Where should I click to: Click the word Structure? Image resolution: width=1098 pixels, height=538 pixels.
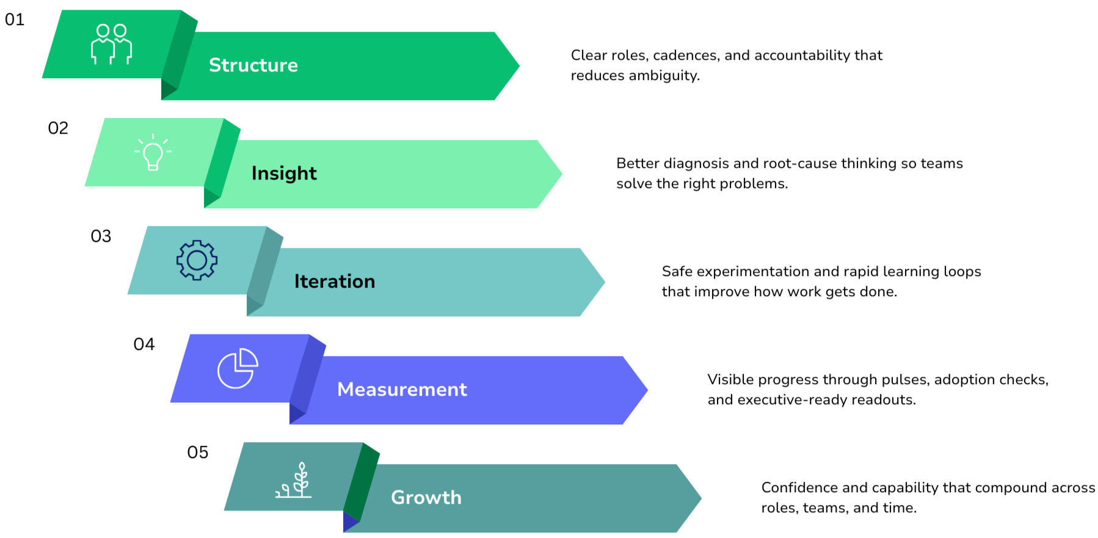click(253, 65)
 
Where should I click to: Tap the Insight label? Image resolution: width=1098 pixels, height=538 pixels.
click(284, 173)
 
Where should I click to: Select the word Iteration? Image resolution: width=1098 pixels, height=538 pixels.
click(335, 282)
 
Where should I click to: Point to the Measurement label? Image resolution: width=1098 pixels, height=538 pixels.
click(402, 390)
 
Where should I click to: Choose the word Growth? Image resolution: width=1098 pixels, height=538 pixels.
click(426, 498)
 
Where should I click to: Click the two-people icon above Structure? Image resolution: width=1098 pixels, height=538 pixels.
click(112, 44)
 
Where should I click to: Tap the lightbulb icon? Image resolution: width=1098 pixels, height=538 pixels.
click(153, 152)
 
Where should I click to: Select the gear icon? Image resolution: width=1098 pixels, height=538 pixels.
click(197, 261)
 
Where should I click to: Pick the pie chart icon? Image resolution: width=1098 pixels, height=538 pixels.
click(238, 368)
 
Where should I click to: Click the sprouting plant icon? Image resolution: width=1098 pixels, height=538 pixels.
click(294, 481)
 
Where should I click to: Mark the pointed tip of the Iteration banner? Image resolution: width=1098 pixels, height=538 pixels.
click(603, 282)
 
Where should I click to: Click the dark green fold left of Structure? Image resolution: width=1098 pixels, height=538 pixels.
click(177, 55)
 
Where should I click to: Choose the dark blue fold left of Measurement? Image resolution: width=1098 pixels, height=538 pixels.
click(306, 379)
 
